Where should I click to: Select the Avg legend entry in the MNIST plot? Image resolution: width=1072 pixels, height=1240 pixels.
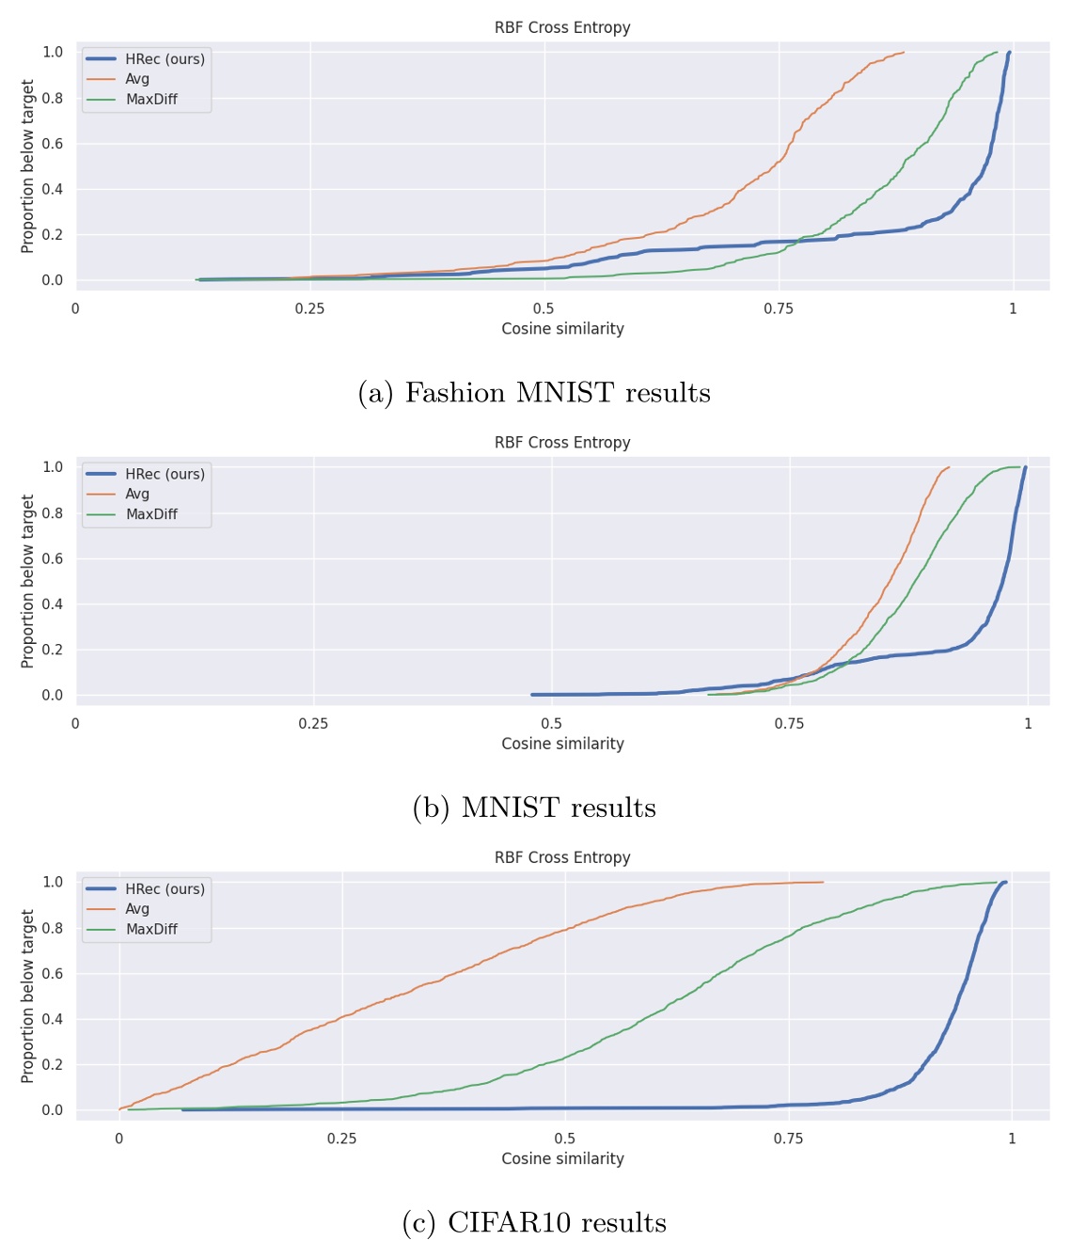pyautogui.click(x=137, y=494)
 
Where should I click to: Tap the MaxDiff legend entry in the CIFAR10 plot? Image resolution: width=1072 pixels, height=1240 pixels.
pyautogui.click(x=151, y=929)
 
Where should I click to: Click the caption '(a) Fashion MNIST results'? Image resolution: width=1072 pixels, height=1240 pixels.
pyautogui.click(x=534, y=393)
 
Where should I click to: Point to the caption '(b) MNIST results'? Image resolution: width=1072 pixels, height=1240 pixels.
pyautogui.click(x=534, y=808)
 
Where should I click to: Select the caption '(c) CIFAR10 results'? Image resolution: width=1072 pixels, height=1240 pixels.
pyautogui.click(x=534, y=1223)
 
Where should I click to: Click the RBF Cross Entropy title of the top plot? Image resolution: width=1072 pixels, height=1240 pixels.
pyautogui.click(x=562, y=27)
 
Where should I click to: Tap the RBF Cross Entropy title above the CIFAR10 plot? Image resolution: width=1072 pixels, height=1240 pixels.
pyautogui.click(x=562, y=857)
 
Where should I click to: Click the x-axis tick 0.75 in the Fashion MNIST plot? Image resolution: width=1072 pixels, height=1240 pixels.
pyautogui.click(x=778, y=308)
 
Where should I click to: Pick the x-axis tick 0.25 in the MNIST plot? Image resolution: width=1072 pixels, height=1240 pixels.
pyautogui.click(x=313, y=724)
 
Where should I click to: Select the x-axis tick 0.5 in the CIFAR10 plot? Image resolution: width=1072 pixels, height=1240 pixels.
pyautogui.click(x=564, y=1138)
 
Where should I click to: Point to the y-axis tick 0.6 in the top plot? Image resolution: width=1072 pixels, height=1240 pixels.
pyautogui.click(x=53, y=144)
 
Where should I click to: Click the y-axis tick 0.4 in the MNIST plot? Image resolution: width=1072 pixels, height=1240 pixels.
pyautogui.click(x=53, y=604)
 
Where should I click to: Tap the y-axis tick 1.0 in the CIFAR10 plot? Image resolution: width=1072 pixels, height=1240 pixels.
pyautogui.click(x=53, y=882)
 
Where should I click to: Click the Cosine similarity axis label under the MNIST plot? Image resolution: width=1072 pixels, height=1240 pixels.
pyautogui.click(x=562, y=744)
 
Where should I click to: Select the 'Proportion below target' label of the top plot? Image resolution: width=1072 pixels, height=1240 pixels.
pyautogui.click(x=27, y=166)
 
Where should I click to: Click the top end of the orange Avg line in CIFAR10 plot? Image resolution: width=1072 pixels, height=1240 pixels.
pyautogui.click(x=823, y=882)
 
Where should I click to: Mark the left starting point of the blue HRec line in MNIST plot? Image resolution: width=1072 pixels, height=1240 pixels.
pyautogui.click(x=532, y=695)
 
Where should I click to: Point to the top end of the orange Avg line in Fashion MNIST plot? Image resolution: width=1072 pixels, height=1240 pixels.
pyautogui.click(x=903, y=53)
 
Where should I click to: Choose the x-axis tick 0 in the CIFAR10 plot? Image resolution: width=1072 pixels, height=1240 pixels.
pyautogui.click(x=118, y=1138)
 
